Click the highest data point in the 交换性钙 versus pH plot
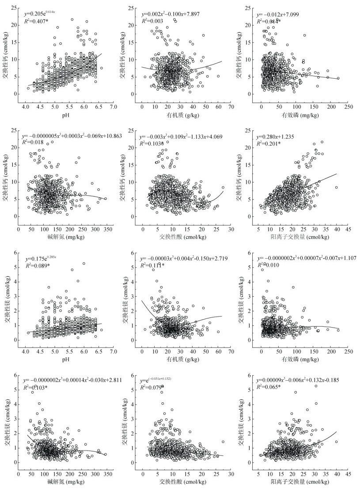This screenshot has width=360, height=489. tap(72, 19)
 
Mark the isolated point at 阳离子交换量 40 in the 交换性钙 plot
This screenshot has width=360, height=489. tap(337, 187)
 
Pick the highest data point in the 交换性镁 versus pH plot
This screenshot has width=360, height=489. tap(83, 264)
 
